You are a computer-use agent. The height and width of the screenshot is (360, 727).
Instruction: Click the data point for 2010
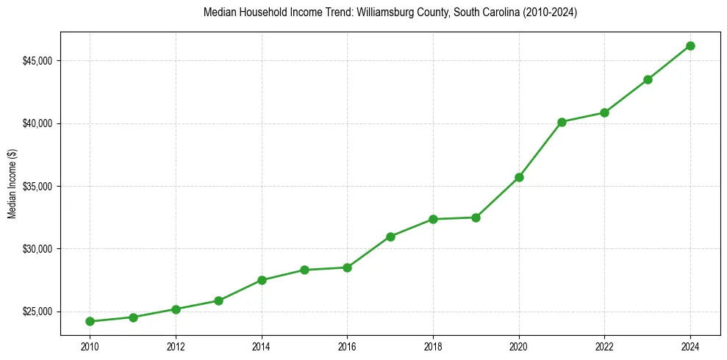pos(90,321)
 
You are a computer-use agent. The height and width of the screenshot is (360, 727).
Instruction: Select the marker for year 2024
pos(690,46)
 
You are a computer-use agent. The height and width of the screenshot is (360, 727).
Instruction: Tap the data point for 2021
pos(562,122)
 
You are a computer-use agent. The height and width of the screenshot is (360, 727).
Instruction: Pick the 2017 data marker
pos(390,237)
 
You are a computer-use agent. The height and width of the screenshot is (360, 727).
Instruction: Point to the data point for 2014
pos(262,280)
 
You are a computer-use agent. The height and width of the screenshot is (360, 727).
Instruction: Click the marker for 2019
pos(476,217)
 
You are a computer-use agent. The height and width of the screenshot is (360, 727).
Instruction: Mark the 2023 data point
pos(648,79)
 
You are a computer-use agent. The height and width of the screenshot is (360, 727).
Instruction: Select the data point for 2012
pos(176,309)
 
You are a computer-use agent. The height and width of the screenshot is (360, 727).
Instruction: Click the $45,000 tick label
pos(38,60)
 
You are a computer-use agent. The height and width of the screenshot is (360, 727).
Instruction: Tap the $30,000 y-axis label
pos(38,249)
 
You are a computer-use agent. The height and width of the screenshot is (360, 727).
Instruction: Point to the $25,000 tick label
pos(38,312)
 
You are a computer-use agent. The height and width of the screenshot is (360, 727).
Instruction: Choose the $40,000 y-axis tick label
pos(38,123)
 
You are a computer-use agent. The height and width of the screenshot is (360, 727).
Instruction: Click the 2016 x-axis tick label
pos(347,346)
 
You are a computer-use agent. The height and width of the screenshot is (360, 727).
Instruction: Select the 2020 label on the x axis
pos(519,346)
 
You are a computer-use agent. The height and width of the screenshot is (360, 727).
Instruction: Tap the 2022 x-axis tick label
pos(604,346)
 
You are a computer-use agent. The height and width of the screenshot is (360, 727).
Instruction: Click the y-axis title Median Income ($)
pos(12,186)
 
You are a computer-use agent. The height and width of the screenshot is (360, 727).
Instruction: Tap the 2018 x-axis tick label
pos(433,346)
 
